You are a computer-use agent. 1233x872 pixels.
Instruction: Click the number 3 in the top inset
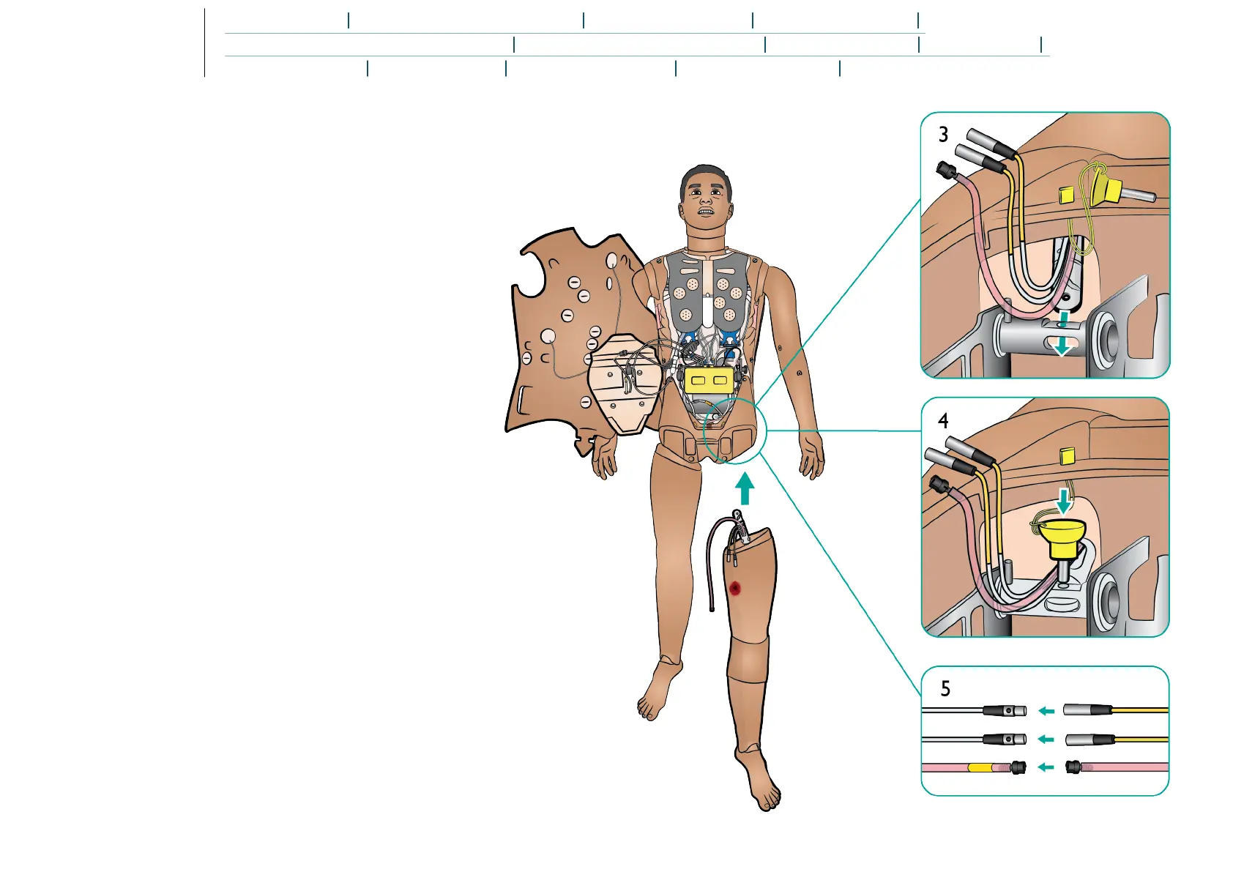943,135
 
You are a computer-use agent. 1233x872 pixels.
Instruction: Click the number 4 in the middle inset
943,421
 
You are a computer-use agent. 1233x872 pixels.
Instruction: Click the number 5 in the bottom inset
945,689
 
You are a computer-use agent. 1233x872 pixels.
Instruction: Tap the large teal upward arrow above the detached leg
745,490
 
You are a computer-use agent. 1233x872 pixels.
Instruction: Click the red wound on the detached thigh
736,588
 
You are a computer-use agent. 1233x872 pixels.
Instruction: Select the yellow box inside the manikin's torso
708,379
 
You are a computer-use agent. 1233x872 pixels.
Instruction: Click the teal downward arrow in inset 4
1064,501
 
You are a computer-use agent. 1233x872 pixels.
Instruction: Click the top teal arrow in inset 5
1046,711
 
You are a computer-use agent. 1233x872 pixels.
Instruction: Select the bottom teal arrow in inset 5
1046,767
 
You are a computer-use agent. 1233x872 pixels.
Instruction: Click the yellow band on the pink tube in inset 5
981,768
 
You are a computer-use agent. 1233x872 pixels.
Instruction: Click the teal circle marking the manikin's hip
734,431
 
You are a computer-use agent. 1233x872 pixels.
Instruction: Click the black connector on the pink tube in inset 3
945,171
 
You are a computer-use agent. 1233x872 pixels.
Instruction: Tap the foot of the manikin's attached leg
659,692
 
